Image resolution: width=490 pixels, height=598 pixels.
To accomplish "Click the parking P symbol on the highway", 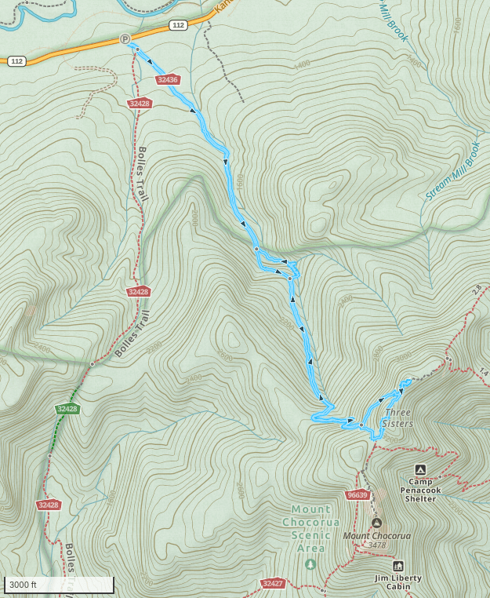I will (x=124, y=39).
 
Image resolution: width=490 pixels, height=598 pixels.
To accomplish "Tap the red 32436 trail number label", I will (x=168, y=79).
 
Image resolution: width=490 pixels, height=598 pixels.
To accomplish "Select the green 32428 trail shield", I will (x=67, y=409).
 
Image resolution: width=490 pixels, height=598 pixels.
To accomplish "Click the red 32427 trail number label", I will (x=272, y=583).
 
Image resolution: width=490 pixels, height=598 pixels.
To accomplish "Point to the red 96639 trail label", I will (x=356, y=495).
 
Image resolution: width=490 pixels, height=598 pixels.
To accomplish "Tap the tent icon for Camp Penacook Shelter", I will (x=420, y=469).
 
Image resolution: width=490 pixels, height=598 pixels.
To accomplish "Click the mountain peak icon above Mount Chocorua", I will (x=376, y=523).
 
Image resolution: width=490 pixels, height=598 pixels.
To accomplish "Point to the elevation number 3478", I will (x=376, y=545).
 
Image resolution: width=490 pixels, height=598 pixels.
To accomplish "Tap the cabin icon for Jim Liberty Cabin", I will (x=397, y=565).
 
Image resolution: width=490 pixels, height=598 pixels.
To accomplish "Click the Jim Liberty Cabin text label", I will (x=397, y=583).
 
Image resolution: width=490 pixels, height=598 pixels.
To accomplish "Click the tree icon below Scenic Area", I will (x=311, y=563).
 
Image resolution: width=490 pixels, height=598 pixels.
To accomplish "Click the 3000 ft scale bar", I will (x=59, y=585).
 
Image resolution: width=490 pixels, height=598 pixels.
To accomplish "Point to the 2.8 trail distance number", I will (x=475, y=290).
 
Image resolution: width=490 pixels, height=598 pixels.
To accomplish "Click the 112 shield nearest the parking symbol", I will (x=178, y=26).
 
